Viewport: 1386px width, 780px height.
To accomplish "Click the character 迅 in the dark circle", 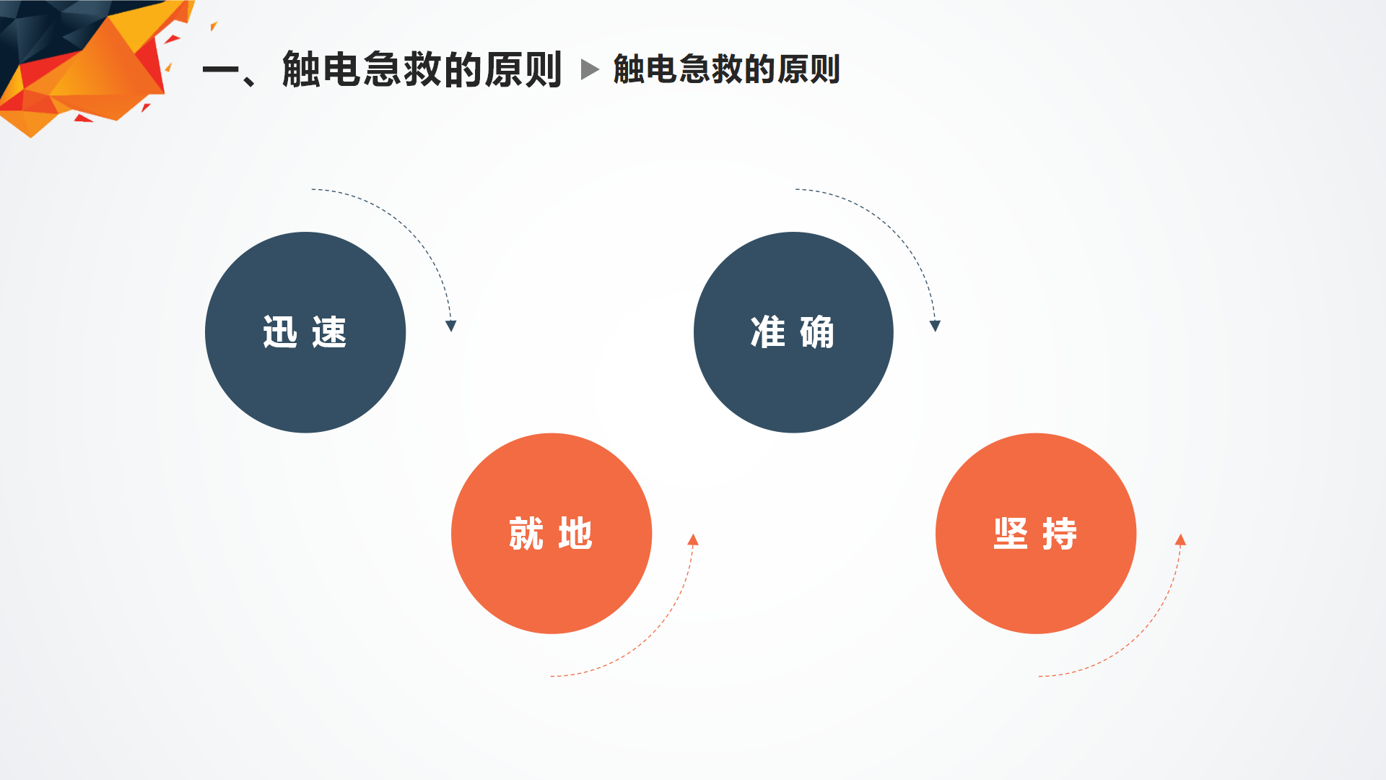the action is [x=280, y=332].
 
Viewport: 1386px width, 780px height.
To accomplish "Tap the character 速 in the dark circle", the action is [x=329, y=332].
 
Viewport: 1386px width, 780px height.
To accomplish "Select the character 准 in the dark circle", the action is [x=768, y=332].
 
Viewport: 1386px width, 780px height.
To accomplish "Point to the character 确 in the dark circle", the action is [x=817, y=332].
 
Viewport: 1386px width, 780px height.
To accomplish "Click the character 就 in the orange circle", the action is [x=526, y=534].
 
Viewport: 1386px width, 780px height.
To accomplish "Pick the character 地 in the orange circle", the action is [x=575, y=534].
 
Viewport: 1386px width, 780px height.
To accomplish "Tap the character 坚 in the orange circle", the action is [x=1011, y=534].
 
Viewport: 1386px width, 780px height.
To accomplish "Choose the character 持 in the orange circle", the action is [x=1060, y=534].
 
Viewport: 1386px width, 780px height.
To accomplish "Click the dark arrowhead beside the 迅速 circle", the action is [x=451, y=326].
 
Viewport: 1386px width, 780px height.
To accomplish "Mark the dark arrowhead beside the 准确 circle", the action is [x=935, y=326].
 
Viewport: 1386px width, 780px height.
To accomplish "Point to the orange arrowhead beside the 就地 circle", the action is [x=693, y=539].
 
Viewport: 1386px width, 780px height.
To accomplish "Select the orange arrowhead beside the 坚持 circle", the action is [x=1180, y=539].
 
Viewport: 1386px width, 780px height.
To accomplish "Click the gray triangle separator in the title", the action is [x=590, y=69].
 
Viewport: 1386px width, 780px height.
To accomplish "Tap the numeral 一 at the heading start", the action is [x=221, y=70].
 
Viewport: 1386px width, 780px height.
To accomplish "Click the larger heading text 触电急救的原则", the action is [x=422, y=69].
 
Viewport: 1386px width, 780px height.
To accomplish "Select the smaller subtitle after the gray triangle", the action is [x=726, y=69].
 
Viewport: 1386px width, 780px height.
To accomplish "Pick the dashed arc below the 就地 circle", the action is [x=650, y=636].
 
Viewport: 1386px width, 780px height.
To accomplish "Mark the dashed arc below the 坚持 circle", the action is [x=1137, y=636].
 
